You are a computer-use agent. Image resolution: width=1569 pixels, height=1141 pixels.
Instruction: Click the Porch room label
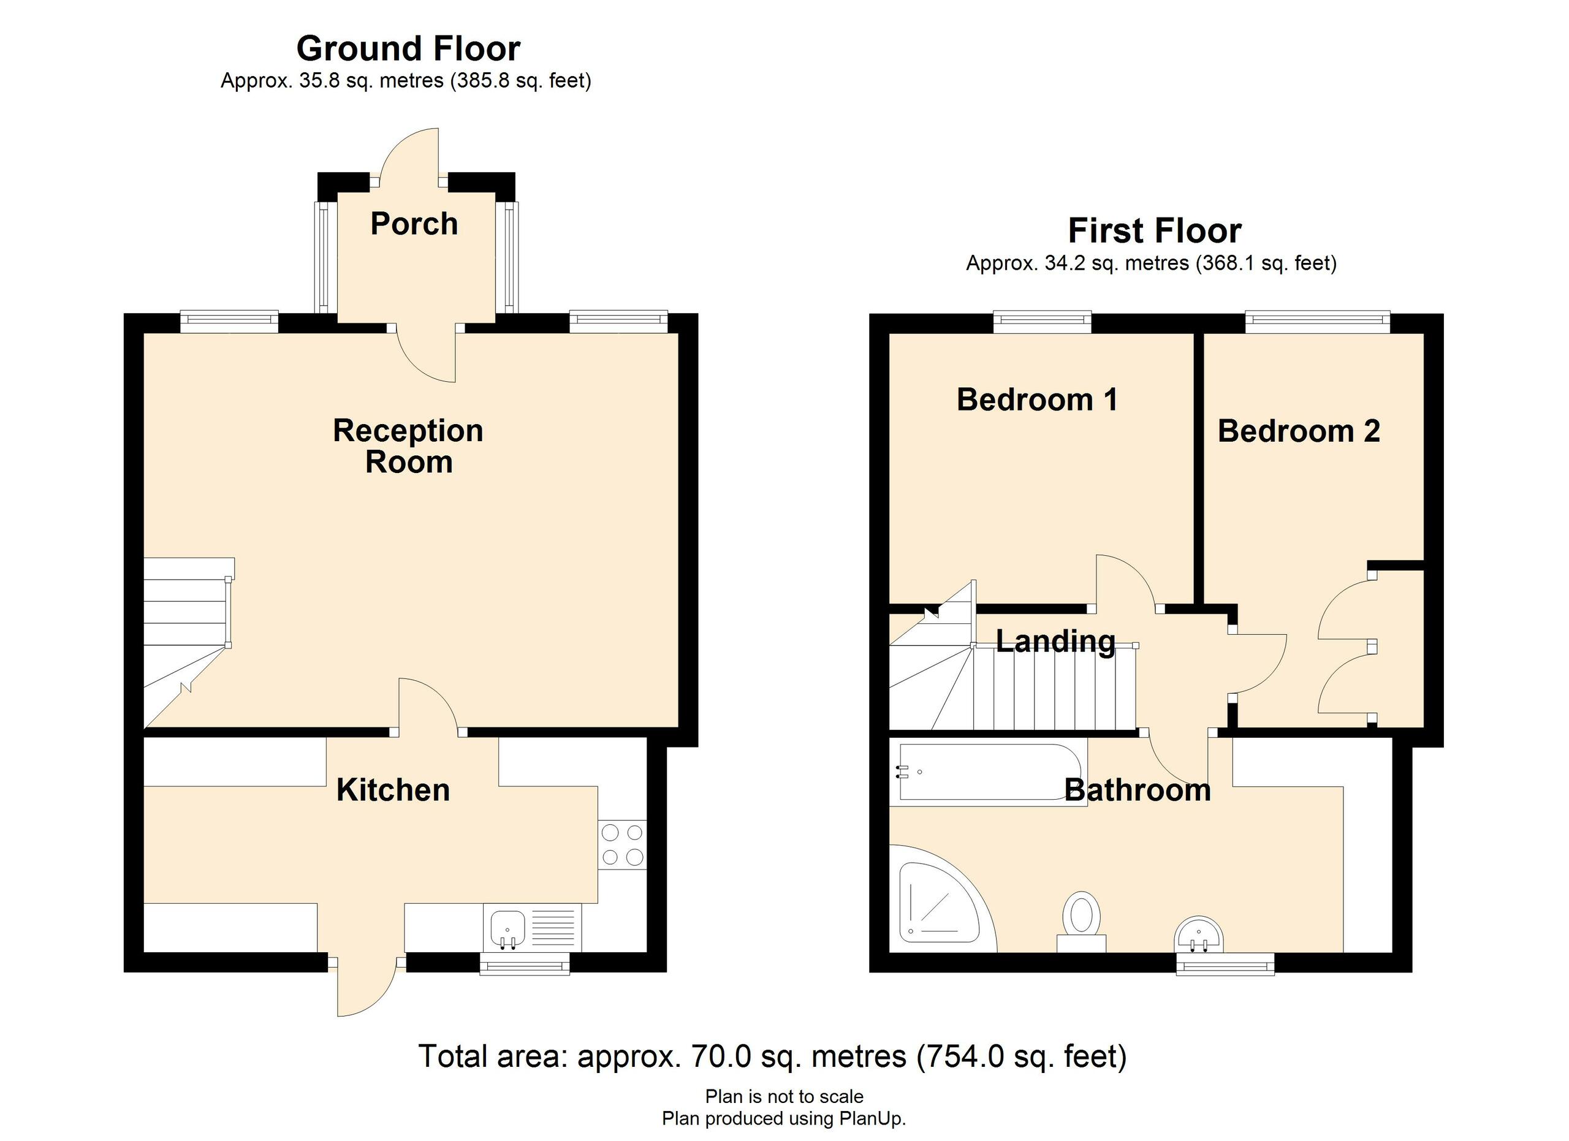point(414,224)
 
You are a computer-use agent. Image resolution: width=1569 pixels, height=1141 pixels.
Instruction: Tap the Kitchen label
point(393,790)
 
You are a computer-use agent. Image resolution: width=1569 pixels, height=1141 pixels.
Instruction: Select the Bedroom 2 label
point(1299,431)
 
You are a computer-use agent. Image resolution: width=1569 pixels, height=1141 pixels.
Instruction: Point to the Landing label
point(1055,641)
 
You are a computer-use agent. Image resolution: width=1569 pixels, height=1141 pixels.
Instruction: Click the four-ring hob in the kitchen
point(623,845)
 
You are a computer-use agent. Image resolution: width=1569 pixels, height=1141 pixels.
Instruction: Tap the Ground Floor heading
point(408,48)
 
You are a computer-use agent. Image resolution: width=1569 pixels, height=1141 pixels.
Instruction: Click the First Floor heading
point(1155,230)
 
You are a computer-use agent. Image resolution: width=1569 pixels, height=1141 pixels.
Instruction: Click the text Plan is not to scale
point(784,1097)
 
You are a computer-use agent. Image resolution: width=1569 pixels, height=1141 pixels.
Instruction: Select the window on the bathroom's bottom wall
point(1225,964)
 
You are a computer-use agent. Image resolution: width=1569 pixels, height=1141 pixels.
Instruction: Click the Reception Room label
point(408,446)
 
